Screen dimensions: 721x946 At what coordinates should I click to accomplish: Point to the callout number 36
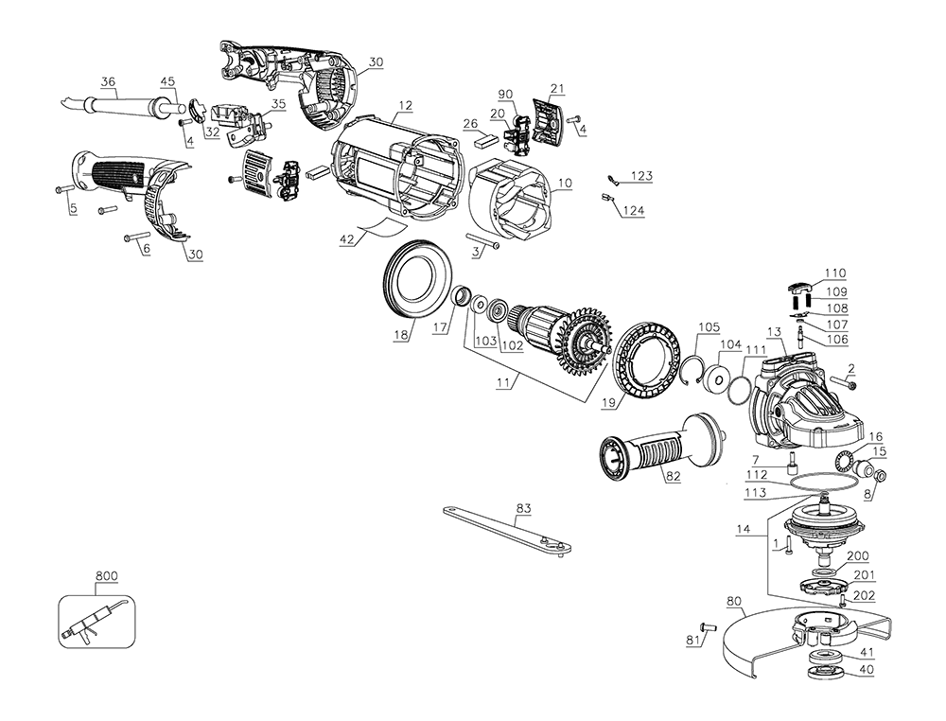coord(107,82)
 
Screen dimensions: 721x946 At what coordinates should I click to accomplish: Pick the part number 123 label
coord(643,177)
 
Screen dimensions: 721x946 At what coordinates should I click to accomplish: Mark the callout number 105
coord(709,327)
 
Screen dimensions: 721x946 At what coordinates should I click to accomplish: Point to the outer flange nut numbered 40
coord(830,673)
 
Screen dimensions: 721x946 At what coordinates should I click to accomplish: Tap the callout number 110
coord(834,272)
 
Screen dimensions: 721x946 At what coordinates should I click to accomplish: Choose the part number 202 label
coord(863,595)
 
